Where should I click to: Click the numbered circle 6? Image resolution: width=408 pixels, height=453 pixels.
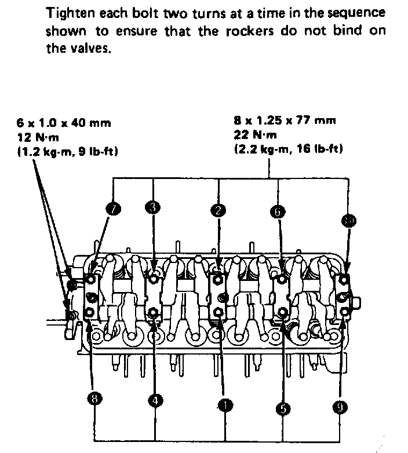pyautogui.click(x=278, y=211)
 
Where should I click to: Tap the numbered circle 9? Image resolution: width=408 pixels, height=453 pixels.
pyautogui.click(x=342, y=406)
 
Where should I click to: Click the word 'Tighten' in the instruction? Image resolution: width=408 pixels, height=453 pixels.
pyautogui.click(x=68, y=13)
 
